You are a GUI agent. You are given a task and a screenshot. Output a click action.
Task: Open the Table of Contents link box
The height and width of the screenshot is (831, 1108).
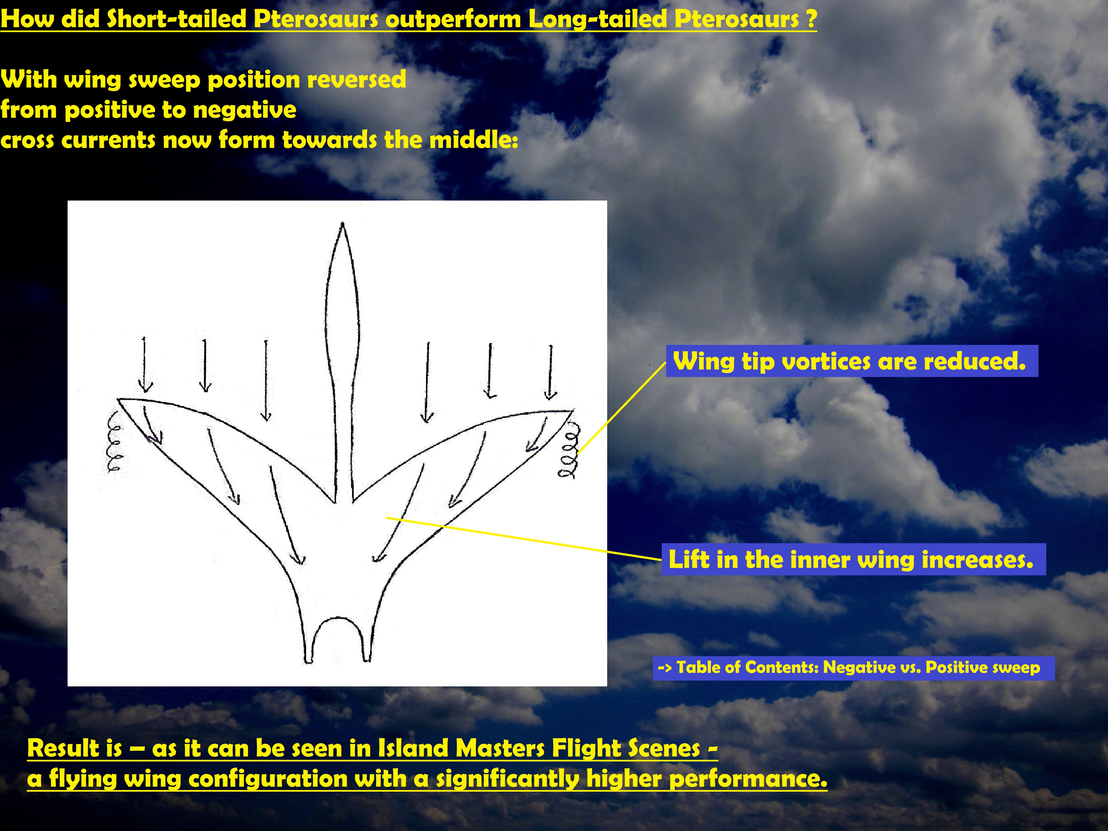pyautogui.click(x=853, y=668)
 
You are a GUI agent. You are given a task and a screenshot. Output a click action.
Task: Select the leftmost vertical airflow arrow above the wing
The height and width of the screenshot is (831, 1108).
pyautogui.click(x=145, y=365)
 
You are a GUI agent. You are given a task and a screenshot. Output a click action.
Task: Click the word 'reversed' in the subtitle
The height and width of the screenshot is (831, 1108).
pyautogui.click(x=357, y=79)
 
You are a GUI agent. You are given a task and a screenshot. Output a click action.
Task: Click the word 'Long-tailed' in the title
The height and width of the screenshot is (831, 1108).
pyautogui.click(x=597, y=19)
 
